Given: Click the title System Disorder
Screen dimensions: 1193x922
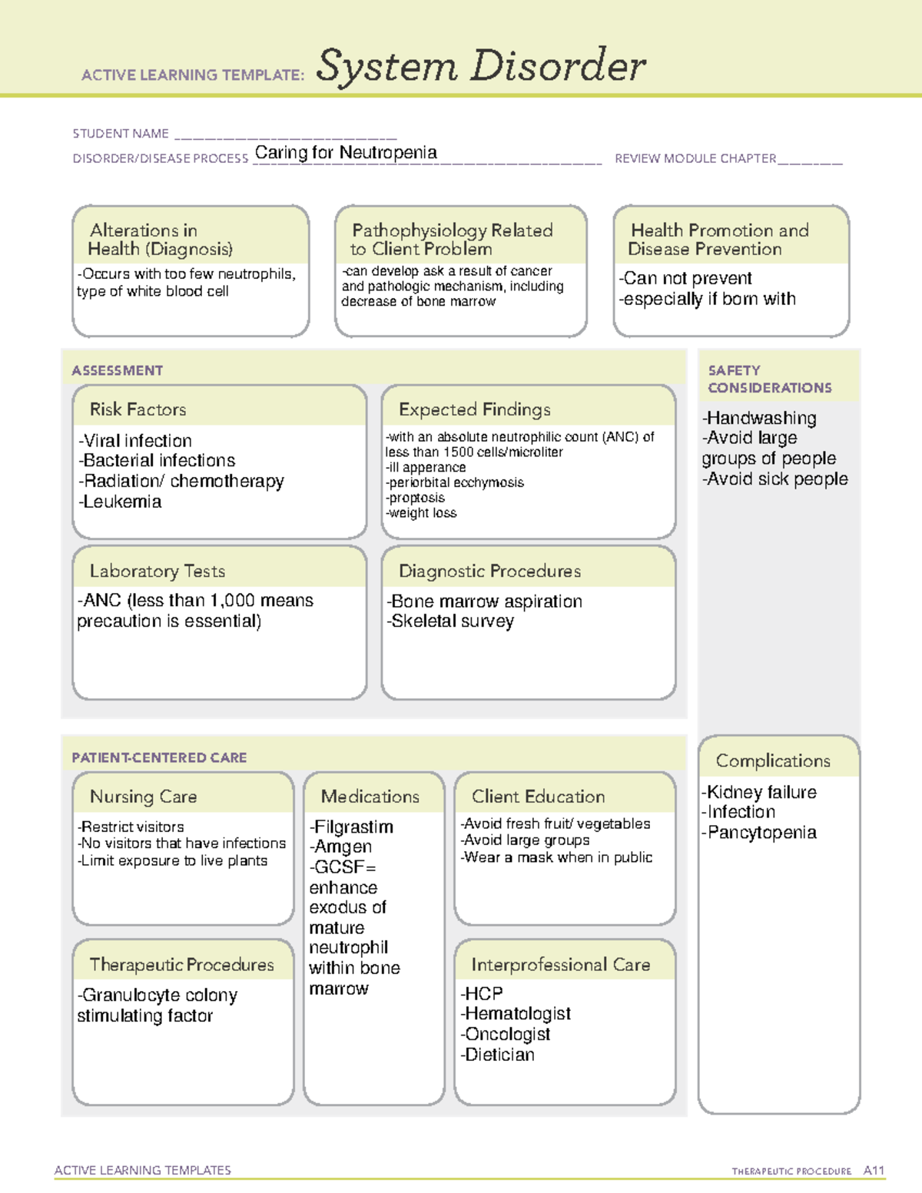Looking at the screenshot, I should coord(481,66).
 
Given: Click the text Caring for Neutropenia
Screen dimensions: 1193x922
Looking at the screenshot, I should coord(346,152).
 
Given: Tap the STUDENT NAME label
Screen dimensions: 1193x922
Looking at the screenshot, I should coord(121,134).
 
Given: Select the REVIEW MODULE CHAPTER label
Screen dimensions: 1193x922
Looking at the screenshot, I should coord(695,158).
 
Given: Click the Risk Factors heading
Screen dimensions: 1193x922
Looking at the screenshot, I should coord(138,409).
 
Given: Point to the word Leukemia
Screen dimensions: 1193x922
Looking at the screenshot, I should coord(122,502).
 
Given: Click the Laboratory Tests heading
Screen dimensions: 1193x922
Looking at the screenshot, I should coord(158,571).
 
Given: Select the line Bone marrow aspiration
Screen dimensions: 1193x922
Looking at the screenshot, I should coord(485,601).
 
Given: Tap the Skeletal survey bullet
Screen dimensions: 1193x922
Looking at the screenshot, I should coord(451,621).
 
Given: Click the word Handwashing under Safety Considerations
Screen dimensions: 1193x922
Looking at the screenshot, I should coord(760,418).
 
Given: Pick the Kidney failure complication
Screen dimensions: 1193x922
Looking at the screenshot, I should coord(760,792).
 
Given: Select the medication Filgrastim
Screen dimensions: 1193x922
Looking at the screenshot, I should coord(352,827).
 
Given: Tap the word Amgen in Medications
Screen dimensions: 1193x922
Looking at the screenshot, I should coord(342,847).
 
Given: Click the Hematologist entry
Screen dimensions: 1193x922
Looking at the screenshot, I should coord(516,1013).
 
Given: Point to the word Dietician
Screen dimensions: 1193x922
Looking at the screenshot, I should coord(499,1055).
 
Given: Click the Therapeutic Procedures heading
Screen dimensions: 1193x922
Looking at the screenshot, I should coord(181,964).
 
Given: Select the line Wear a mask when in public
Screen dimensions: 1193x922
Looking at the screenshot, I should coord(557,857).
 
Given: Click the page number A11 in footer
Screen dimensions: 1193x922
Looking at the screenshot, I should coord(874,1170).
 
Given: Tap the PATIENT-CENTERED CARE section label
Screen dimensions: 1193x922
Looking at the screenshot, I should coord(159,757).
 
